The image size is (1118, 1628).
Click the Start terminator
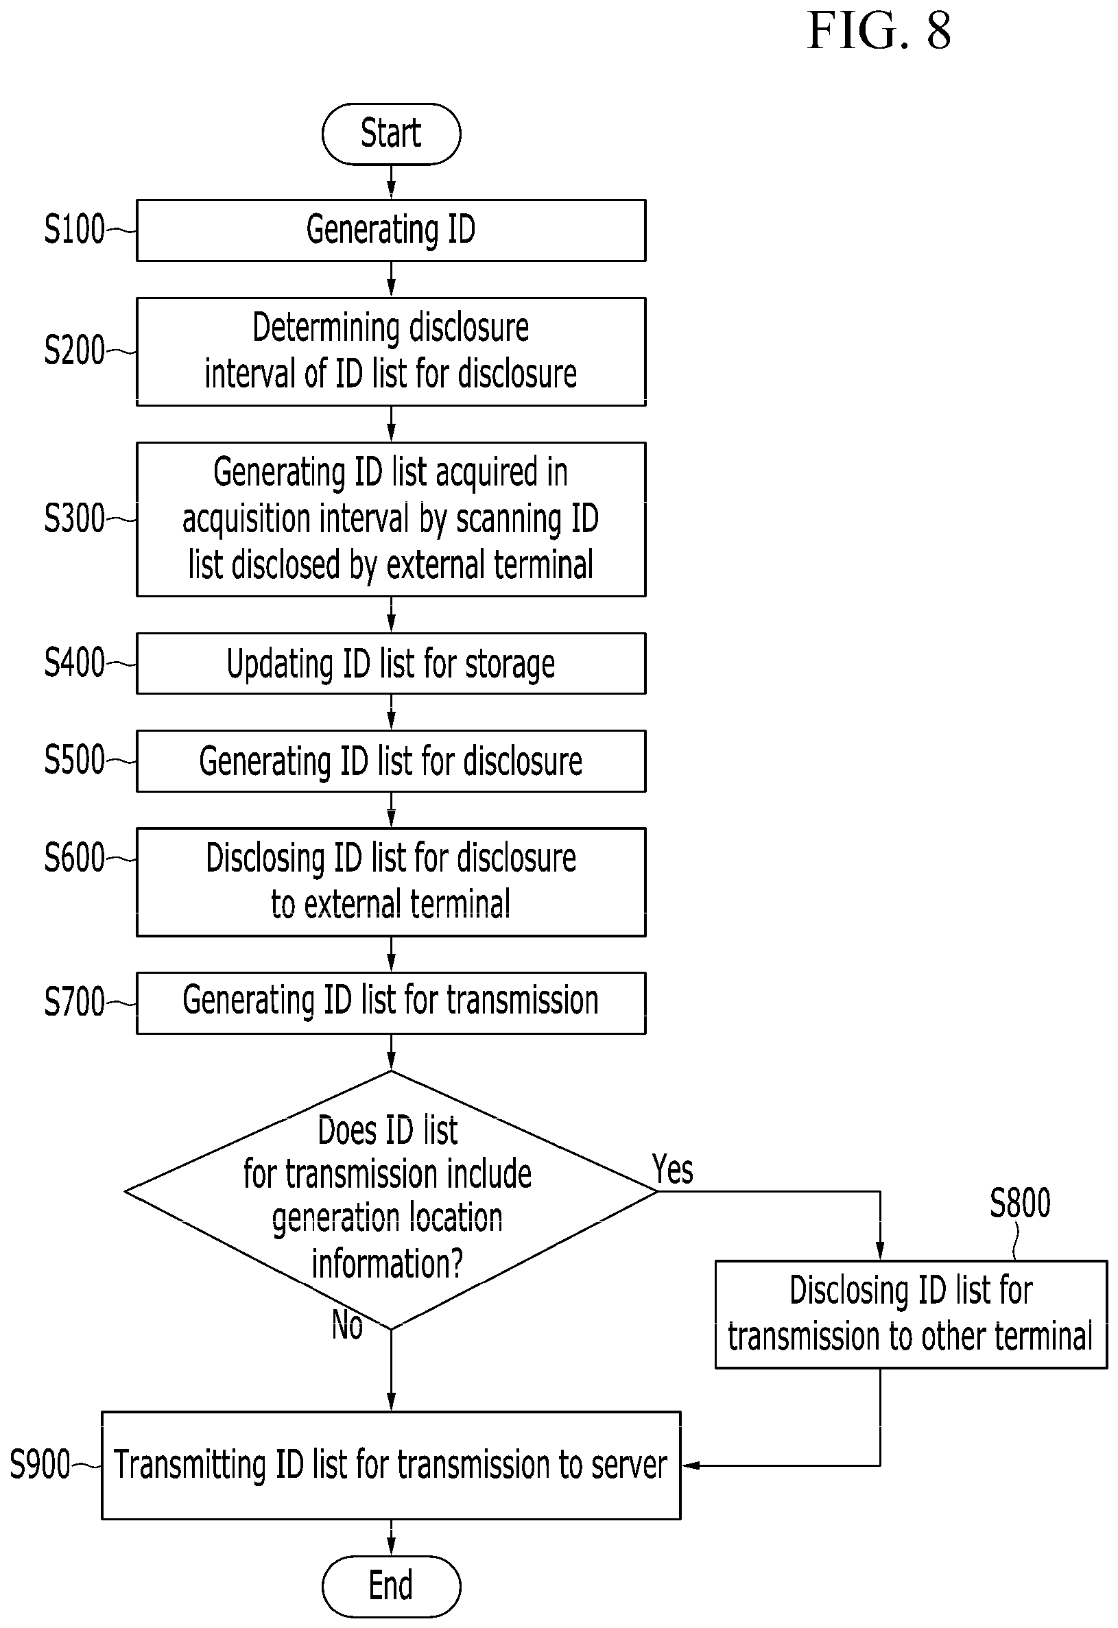click(391, 134)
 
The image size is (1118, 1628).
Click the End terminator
click(391, 1586)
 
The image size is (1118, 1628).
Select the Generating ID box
click(391, 230)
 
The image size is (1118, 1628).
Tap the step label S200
click(74, 350)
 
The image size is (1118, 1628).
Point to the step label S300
click(74, 518)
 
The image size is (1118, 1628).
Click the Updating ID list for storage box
click(391, 663)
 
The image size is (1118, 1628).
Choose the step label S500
click(74, 760)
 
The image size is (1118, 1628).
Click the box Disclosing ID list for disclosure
click(391, 882)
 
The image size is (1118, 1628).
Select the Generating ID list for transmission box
click(391, 1003)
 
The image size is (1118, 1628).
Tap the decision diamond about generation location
click(391, 1199)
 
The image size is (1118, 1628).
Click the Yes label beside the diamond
click(672, 1169)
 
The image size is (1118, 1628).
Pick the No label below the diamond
click(348, 1325)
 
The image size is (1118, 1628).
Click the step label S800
click(1020, 1203)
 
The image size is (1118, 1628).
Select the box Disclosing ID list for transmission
click(911, 1314)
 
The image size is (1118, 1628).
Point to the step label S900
click(40, 1465)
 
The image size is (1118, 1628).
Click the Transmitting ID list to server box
click(391, 1465)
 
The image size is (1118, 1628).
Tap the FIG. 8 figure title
click(879, 31)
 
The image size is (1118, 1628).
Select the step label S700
click(74, 1002)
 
